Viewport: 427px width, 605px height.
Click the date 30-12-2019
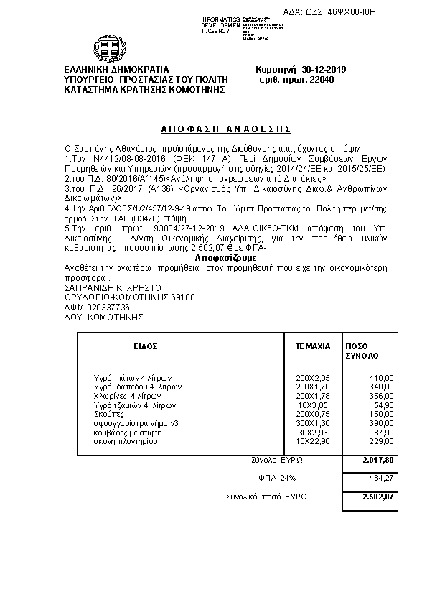coord(324,70)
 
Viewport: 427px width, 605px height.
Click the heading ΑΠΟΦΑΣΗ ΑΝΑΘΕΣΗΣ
coord(216,129)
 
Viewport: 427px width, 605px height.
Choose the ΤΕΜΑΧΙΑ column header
coord(313,346)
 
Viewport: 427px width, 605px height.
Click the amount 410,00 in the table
coord(380,377)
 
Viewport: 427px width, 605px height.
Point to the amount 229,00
coord(380,442)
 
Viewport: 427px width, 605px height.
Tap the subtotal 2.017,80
coord(378,460)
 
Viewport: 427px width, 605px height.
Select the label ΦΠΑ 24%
coord(276,478)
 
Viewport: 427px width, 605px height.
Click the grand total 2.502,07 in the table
coord(378,497)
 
